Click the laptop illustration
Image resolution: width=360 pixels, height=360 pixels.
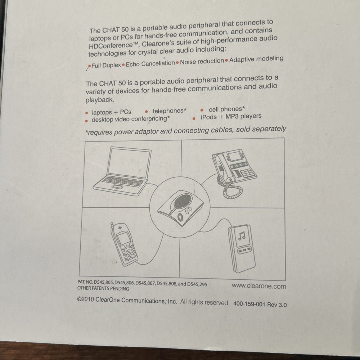[122, 171]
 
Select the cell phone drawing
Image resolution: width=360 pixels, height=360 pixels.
[124, 244]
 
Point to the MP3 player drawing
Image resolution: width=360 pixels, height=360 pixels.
[242, 248]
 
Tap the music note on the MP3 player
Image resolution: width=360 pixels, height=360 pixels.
[242, 236]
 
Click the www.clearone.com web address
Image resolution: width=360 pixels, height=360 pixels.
[259, 286]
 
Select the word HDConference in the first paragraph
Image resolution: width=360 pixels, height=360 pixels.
[111, 45]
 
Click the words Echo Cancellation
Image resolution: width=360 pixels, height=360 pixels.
[150, 64]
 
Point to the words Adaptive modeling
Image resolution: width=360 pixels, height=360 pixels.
[256, 59]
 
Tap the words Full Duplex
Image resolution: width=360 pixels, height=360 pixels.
[106, 66]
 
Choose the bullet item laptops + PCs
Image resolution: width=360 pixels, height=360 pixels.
[111, 112]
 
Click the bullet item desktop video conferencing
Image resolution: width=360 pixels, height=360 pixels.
[131, 119]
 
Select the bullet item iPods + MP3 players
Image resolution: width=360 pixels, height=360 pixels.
[231, 117]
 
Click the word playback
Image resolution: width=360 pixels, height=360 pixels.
[100, 100]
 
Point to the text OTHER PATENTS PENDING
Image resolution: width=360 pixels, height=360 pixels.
[103, 288]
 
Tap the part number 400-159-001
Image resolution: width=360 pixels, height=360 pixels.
[249, 304]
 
